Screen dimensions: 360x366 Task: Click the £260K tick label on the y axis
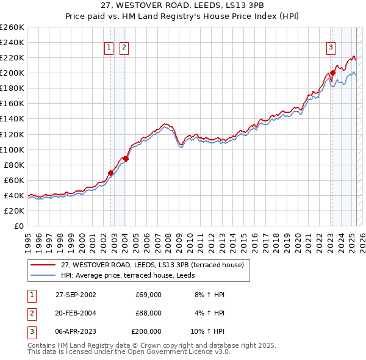click(12, 27)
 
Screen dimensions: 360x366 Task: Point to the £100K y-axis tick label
click(12, 149)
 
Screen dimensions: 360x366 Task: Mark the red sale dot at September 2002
click(110, 173)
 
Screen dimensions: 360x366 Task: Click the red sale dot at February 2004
click(126, 159)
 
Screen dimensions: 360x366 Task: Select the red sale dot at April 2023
click(332, 73)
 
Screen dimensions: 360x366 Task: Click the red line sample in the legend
click(43, 265)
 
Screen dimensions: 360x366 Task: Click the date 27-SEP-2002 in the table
click(76, 295)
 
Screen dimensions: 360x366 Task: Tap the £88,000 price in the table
click(149, 313)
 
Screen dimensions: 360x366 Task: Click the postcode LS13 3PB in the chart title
click(205, 5)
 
